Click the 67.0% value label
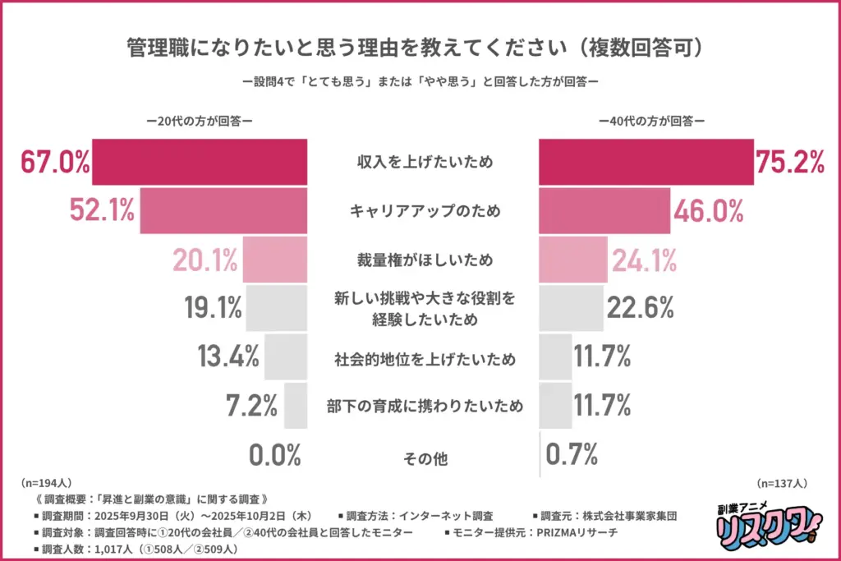pyautogui.click(x=55, y=163)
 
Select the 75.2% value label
pyautogui.click(x=790, y=163)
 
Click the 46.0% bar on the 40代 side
pyautogui.click(x=604, y=211)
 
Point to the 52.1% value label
pyautogui.click(x=101, y=211)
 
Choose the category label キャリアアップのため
pyautogui.click(x=424, y=211)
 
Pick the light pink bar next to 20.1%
pyautogui.click(x=275, y=260)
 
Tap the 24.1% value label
pyautogui.click(x=644, y=260)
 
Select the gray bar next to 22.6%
pyautogui.click(x=570, y=308)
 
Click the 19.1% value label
pyautogui.click(x=212, y=309)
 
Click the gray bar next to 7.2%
pyautogui.click(x=296, y=405)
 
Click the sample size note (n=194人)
pyautogui.click(x=46, y=484)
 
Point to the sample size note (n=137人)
pyautogui.click(x=784, y=484)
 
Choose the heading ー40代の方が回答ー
pyautogui.click(x=651, y=120)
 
